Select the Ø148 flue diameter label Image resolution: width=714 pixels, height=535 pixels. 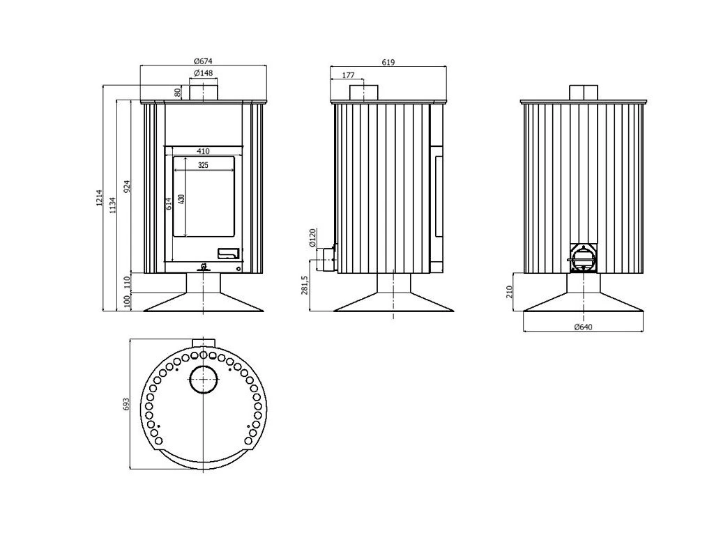tap(203, 73)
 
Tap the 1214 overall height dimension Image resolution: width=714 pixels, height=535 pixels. tap(99, 199)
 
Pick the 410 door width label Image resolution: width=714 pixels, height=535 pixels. tap(203, 151)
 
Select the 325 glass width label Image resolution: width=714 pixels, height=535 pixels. tap(203, 166)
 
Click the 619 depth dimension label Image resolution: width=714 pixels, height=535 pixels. tap(388, 62)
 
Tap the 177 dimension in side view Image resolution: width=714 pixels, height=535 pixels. tap(349, 75)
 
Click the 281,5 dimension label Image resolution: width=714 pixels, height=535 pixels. tap(304, 285)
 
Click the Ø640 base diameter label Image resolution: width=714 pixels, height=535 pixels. tap(583, 327)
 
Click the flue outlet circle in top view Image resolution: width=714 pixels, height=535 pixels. tap(204, 380)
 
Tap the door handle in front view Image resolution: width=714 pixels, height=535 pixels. tap(228, 254)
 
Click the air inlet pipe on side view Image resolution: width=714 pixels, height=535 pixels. tap(326, 258)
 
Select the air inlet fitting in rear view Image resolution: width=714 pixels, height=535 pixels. tap(584, 258)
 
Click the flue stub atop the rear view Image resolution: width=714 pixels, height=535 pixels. tap(584, 93)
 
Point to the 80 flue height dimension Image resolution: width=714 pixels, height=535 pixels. tap(178, 92)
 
